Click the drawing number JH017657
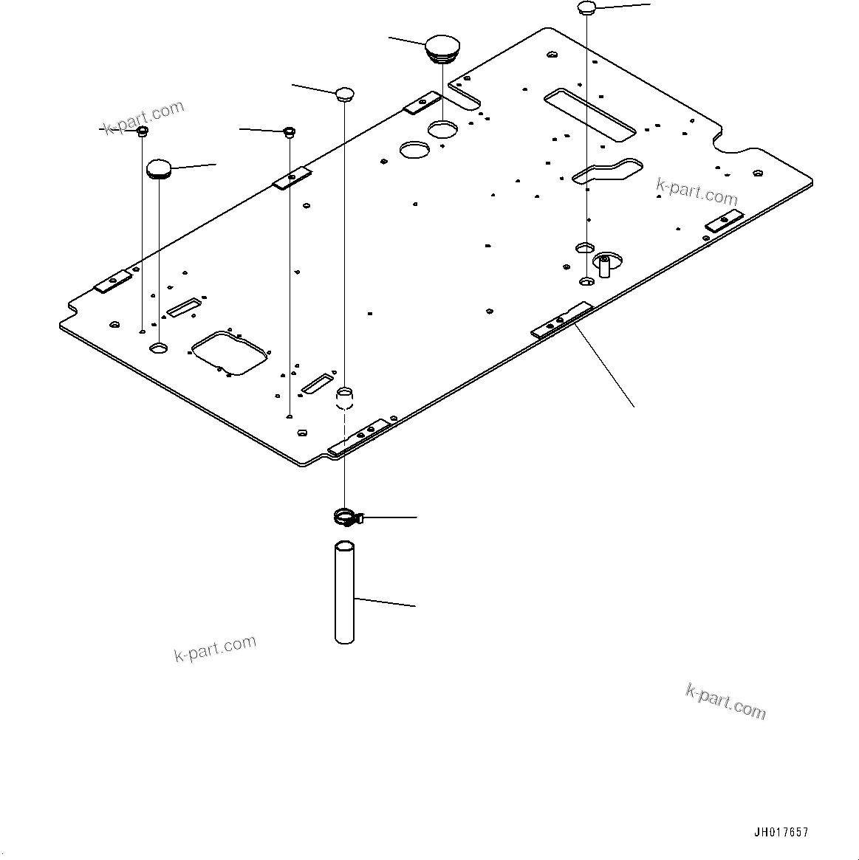[781, 832]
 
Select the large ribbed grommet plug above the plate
[442, 47]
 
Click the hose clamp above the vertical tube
[346, 518]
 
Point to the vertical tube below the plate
[345, 593]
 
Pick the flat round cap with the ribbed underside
[159, 168]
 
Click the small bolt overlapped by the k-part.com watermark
[143, 131]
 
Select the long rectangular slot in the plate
[589, 114]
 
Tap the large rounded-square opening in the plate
[229, 353]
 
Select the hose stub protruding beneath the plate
[345, 399]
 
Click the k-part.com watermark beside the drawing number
[725, 701]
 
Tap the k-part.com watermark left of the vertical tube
[215, 648]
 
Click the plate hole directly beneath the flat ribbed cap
[159, 346]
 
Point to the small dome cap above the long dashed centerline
[345, 93]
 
